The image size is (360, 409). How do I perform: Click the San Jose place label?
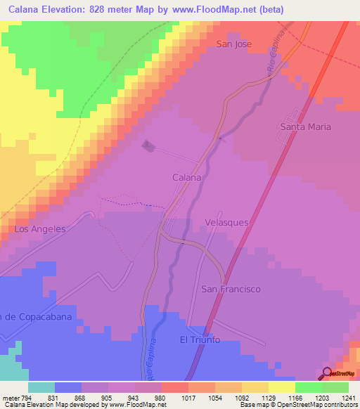click(233, 44)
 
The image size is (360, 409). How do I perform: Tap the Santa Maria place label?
click(305, 127)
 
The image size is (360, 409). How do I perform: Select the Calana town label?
click(187, 178)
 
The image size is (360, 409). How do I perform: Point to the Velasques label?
click(226, 221)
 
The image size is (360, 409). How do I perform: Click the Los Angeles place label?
click(39, 229)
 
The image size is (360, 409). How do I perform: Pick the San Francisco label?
click(231, 289)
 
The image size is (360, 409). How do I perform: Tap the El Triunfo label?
click(200, 340)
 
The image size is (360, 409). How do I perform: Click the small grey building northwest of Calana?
click(148, 145)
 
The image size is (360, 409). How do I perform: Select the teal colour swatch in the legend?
click(41, 387)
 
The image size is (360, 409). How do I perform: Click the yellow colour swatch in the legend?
click(281, 387)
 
